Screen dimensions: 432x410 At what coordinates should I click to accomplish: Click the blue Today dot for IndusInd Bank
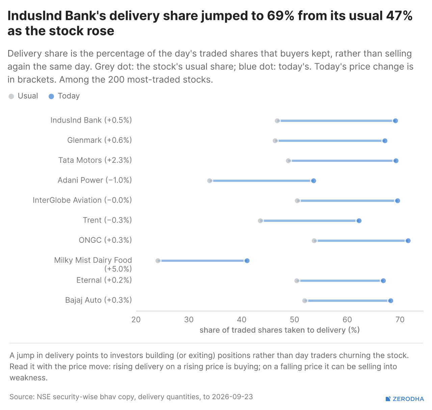(395, 121)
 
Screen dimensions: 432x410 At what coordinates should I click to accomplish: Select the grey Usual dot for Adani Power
(210, 181)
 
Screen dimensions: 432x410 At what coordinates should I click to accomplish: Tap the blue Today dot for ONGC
(408, 241)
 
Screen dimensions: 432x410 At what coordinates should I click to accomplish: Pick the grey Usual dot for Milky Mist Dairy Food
(158, 261)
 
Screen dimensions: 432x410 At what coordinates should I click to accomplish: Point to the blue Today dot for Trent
(359, 221)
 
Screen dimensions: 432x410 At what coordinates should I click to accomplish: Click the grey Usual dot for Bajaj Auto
(304, 301)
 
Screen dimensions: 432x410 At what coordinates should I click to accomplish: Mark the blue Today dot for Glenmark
(385, 141)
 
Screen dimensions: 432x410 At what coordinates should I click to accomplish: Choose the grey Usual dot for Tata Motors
(288, 161)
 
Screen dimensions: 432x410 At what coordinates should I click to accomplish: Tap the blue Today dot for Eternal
(383, 281)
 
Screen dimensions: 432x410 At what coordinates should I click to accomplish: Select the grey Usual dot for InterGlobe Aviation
(297, 201)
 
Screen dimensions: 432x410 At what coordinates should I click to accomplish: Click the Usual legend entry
(23, 96)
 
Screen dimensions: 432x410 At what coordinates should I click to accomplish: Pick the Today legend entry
(64, 96)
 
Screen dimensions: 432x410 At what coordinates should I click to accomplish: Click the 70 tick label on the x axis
(400, 319)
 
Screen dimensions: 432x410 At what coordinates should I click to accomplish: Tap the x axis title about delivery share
(279, 330)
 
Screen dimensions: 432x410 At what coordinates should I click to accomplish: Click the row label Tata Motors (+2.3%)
(95, 160)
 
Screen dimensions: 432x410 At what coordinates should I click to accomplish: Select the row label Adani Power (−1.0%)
(95, 180)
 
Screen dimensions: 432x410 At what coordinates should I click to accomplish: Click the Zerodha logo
(405, 399)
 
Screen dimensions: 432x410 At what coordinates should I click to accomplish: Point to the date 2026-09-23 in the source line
(232, 396)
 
